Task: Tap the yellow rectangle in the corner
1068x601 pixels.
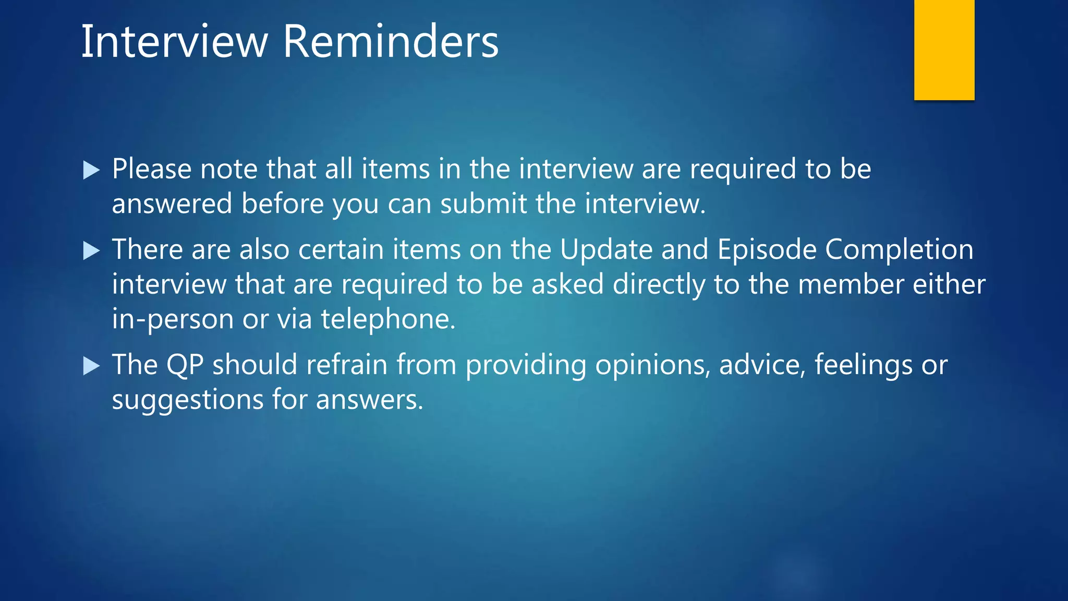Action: (944, 50)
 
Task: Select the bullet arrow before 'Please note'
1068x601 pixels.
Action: (91, 170)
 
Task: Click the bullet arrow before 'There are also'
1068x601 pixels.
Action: (91, 251)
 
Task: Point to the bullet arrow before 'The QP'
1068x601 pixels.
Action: (91, 366)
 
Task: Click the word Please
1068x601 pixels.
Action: (152, 170)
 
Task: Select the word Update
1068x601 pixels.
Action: (606, 249)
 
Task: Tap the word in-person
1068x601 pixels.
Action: (173, 319)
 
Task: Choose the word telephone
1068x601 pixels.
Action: (388, 319)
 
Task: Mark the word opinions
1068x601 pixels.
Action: (653, 365)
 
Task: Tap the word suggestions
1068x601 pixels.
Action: (188, 401)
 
